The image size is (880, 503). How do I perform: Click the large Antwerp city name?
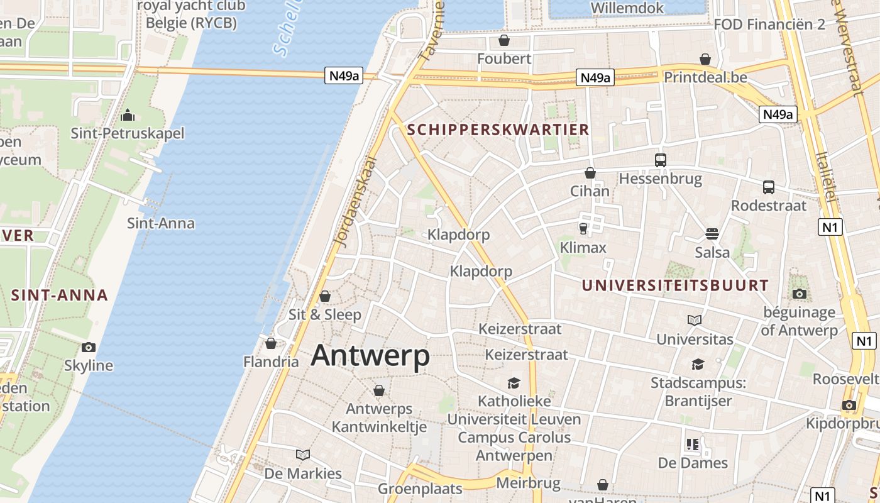point(370,356)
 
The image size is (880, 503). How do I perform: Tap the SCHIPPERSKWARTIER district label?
point(498,130)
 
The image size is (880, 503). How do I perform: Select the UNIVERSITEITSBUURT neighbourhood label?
point(674,285)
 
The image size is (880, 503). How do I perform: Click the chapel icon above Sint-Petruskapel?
point(128,115)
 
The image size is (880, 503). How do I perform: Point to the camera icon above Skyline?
point(89,347)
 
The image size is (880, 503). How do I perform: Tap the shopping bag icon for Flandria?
point(271,343)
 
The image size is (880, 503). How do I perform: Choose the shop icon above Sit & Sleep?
point(325,296)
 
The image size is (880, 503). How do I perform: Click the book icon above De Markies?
point(303,455)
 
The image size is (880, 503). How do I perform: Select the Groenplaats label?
point(420,489)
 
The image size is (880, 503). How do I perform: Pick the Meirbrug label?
point(528,483)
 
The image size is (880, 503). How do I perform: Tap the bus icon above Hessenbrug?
point(660,160)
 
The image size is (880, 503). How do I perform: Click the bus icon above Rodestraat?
point(768,187)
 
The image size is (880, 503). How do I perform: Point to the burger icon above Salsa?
point(712,234)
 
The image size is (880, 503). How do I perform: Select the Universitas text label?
point(695,340)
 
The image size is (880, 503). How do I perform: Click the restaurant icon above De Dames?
point(693,445)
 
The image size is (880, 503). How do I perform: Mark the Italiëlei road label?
point(827,177)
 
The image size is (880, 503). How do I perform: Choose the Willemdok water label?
point(627,8)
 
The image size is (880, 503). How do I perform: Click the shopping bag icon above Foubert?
point(503,40)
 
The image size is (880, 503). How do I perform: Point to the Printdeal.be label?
point(705,77)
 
